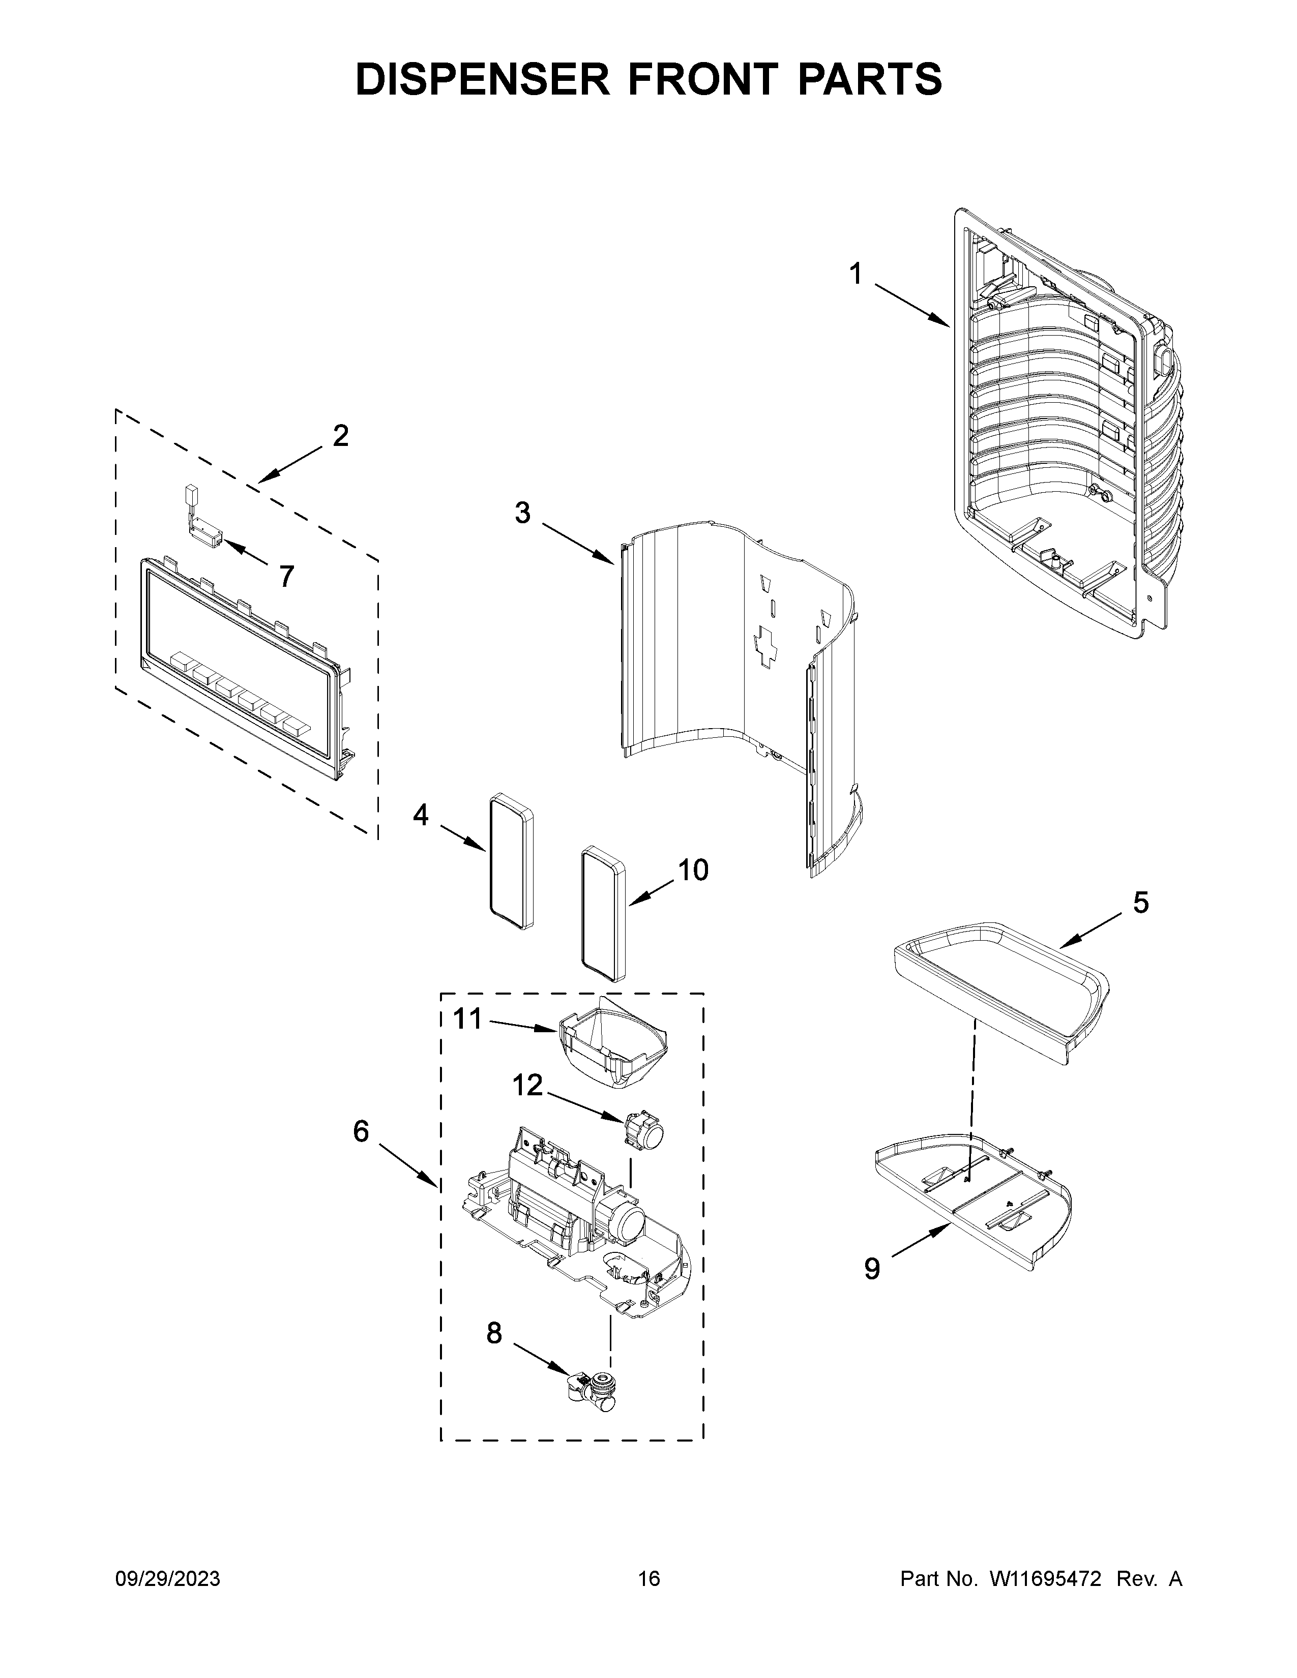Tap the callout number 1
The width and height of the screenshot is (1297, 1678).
(855, 274)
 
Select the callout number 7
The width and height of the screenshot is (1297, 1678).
(286, 576)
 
